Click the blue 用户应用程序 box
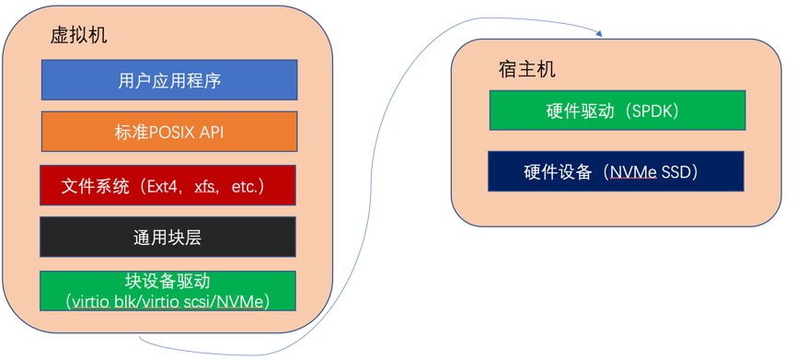click(x=169, y=80)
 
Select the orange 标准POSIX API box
click(x=169, y=132)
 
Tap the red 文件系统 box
click(x=167, y=186)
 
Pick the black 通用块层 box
click(x=167, y=238)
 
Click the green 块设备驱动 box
click(x=167, y=291)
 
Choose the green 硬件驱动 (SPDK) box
click(x=617, y=110)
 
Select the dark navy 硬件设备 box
click(x=616, y=171)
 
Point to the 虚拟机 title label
click(x=78, y=35)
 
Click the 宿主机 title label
click(x=527, y=70)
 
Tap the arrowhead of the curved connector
click(x=599, y=34)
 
